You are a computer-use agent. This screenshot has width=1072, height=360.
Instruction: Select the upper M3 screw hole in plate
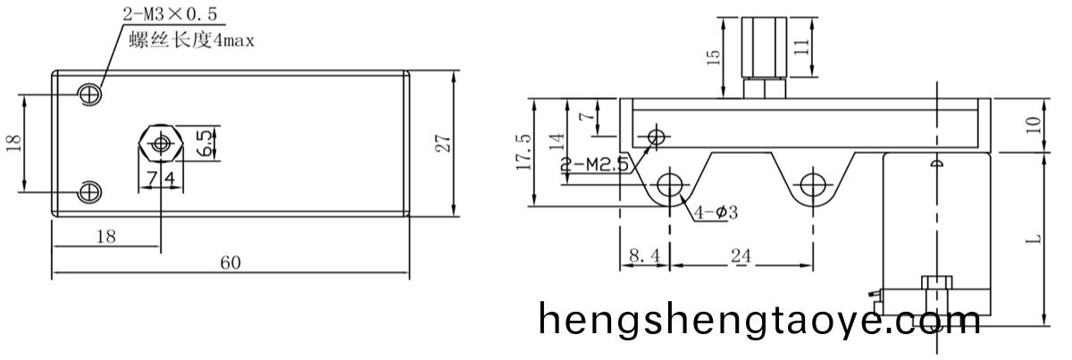[90, 94]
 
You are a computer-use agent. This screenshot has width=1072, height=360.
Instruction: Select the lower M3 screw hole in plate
[90, 191]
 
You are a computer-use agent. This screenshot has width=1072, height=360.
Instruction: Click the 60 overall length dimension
[230, 263]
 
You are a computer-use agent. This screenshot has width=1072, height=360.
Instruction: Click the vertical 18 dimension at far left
[13, 143]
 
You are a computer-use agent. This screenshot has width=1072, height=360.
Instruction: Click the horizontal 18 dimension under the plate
[105, 236]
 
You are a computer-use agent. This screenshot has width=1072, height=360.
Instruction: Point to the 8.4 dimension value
[643, 255]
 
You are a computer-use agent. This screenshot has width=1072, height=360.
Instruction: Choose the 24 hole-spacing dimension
[741, 255]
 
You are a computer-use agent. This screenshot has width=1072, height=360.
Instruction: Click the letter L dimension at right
[1034, 239]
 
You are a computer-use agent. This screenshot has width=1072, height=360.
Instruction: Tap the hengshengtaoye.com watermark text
[759, 319]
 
